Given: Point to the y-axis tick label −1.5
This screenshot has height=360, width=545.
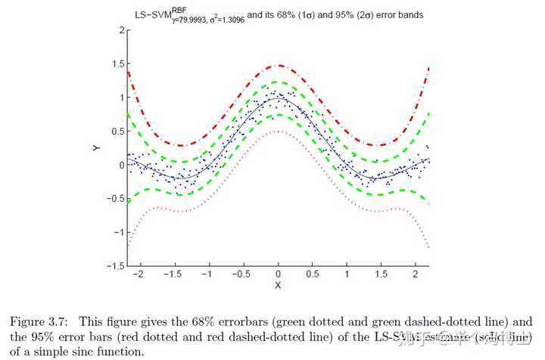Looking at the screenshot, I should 112,266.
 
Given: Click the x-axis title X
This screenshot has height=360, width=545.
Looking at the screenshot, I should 279,285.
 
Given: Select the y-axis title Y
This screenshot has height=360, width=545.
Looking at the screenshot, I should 96,149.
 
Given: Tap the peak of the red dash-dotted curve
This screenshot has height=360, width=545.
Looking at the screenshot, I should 279,65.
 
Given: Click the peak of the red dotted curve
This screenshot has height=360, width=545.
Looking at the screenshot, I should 279,131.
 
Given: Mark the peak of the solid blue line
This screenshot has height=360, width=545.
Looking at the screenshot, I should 279,98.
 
